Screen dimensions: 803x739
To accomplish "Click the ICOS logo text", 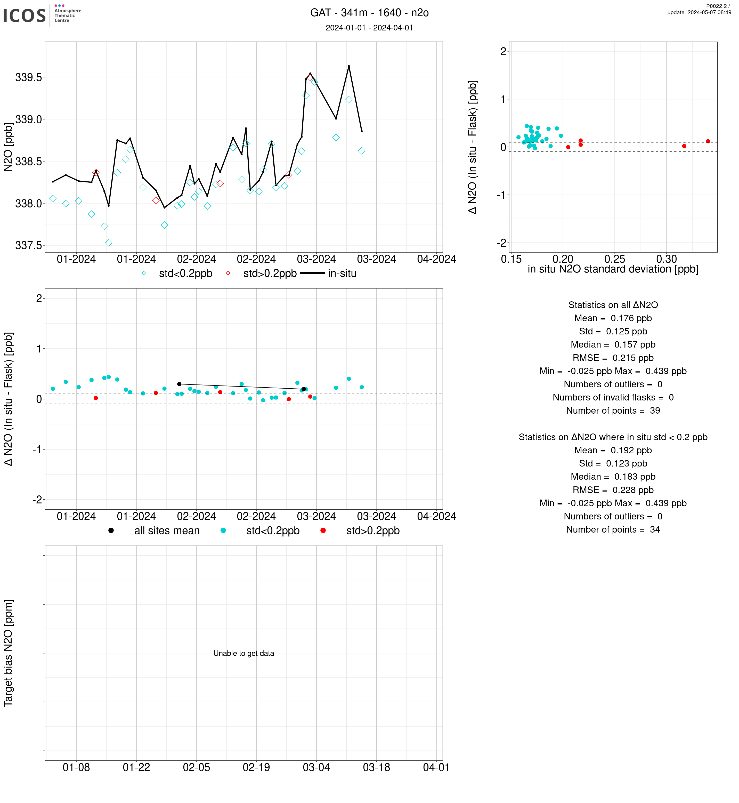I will click(x=25, y=15).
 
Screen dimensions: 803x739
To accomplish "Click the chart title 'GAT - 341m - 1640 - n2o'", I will click(x=369, y=13).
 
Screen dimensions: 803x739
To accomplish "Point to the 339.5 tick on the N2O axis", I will click(x=28, y=77).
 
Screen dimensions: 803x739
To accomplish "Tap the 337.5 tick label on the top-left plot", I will click(x=28, y=245).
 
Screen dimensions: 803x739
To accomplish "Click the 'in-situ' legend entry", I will click(x=342, y=274).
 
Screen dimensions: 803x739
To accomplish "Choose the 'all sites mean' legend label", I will click(x=167, y=531).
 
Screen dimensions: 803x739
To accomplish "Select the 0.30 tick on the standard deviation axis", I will click(x=666, y=259).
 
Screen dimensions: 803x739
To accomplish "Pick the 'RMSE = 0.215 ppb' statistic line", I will click(x=613, y=358).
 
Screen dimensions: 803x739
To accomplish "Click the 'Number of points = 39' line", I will click(x=613, y=411).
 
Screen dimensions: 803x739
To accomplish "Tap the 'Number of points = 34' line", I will click(x=613, y=530).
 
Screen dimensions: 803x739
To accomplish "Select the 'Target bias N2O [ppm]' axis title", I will click(x=9, y=653).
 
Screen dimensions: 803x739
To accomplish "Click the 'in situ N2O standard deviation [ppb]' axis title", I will click(x=613, y=269).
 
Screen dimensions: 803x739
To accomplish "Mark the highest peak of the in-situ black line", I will click(x=349, y=66).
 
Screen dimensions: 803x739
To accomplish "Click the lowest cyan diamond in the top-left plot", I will click(x=108, y=243).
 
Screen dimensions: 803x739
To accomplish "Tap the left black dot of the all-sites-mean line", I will click(x=179, y=384).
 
